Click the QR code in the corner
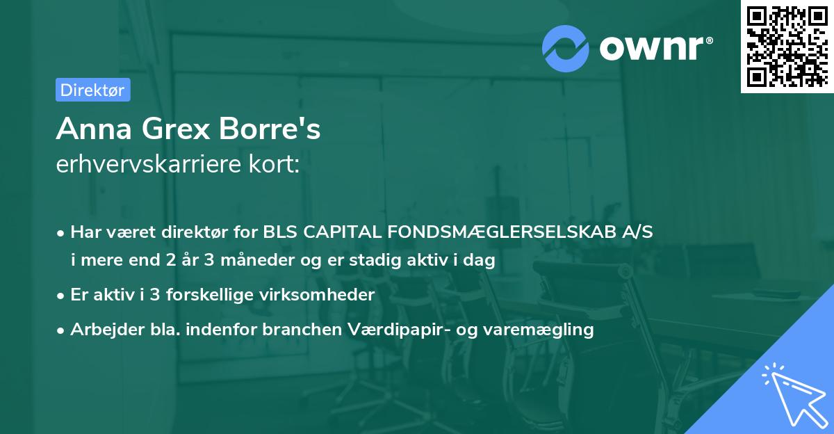[786, 47]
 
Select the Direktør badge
[92, 90]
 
